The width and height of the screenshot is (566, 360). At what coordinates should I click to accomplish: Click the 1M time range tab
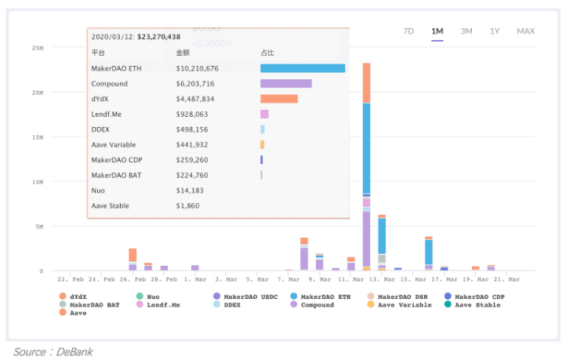tap(437, 31)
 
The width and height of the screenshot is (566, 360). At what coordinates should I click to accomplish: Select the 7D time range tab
tap(408, 31)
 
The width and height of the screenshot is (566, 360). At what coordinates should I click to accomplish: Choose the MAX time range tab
tap(525, 31)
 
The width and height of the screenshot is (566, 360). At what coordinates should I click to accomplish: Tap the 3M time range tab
tap(466, 31)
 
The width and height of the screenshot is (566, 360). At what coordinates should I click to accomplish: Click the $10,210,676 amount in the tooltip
tap(197, 68)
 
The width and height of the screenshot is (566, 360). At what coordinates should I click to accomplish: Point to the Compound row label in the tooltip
tap(110, 84)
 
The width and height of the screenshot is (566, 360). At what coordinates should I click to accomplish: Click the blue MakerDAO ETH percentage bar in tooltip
tap(303, 68)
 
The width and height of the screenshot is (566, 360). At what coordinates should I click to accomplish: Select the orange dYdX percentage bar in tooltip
tap(279, 99)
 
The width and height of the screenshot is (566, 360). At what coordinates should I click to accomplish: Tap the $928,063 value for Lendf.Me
tap(192, 115)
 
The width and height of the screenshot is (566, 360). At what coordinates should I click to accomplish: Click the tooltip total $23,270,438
tap(159, 37)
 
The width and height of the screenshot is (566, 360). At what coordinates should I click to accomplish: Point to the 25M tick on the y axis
tap(38, 48)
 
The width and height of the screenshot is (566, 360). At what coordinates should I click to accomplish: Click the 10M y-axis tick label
tap(38, 182)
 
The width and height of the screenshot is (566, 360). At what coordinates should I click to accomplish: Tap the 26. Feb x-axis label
tap(132, 279)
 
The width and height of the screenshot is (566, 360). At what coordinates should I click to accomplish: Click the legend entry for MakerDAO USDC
tap(245, 296)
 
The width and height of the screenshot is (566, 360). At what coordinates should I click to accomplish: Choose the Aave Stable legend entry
tap(472, 305)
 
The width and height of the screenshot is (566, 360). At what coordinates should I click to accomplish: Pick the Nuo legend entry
tap(147, 296)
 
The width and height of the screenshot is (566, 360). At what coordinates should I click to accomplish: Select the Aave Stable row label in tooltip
tap(110, 205)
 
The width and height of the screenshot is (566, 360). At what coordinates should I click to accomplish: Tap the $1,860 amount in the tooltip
tap(187, 205)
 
